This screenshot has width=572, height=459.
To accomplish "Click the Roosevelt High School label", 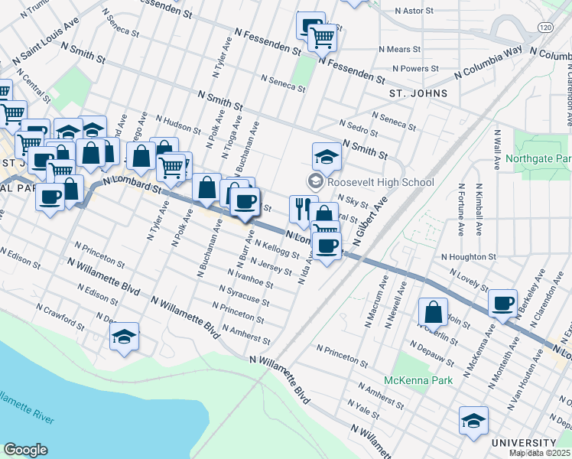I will point(380,182).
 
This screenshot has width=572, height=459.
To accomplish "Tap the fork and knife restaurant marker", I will point(303,207).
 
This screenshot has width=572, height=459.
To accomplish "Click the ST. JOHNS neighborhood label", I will point(418,93).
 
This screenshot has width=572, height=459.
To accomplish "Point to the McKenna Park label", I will point(419,380).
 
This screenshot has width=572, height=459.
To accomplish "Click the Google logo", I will point(25,450).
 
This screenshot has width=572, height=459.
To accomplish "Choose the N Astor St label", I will point(419,11).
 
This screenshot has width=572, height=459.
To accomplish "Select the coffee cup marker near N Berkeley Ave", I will point(503,303).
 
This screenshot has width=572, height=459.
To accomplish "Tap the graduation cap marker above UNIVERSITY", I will point(473,420).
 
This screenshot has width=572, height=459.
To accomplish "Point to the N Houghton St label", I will point(469,257).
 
